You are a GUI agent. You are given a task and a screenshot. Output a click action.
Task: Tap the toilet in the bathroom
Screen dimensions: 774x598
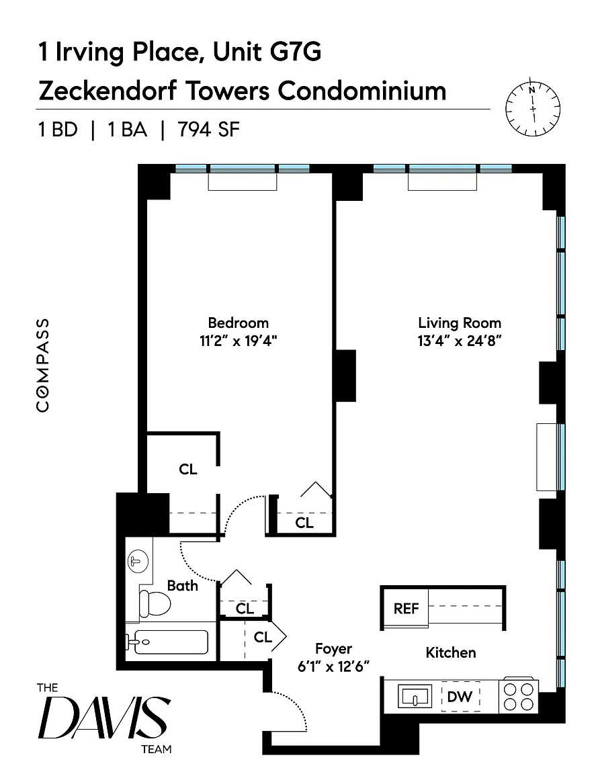(153, 603)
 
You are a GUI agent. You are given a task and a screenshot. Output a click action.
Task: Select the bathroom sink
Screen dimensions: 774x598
(137, 560)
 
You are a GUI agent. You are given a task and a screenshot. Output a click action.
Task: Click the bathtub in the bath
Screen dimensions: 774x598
(168, 642)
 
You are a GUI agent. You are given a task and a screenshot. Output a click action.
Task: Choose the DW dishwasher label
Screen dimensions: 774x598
(460, 697)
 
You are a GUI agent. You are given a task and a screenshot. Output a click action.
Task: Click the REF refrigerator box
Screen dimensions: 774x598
(406, 608)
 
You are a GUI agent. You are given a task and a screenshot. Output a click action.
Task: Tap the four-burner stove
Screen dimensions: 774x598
(519, 696)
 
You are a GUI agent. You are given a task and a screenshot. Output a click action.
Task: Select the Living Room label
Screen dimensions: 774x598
(460, 322)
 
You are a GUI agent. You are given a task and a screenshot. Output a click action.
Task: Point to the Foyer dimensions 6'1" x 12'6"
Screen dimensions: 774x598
(334, 666)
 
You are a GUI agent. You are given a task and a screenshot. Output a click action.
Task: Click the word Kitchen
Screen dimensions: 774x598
(451, 652)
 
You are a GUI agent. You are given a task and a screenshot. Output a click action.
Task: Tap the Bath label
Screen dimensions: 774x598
(183, 585)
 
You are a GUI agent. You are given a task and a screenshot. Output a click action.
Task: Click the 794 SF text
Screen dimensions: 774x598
(208, 130)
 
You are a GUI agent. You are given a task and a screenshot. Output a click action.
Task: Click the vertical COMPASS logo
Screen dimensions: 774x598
(43, 365)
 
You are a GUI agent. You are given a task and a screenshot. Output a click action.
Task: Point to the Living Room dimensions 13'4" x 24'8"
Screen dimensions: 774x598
(460, 340)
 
